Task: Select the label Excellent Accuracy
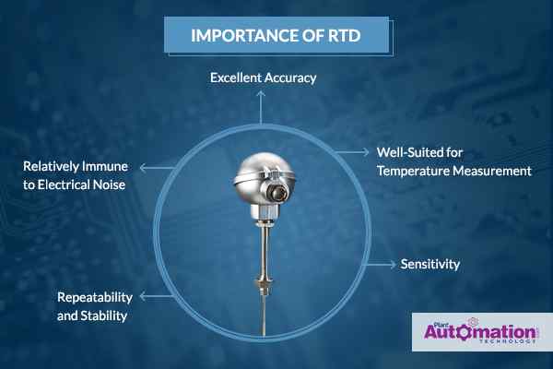[x=263, y=77]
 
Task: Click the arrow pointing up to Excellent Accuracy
[x=261, y=107]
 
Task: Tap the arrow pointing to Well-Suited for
[x=352, y=152]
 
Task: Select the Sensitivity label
[x=429, y=264]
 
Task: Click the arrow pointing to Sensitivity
[x=381, y=264]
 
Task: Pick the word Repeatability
[x=95, y=297]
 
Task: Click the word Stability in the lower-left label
[x=104, y=315]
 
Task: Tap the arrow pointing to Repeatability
[x=157, y=297]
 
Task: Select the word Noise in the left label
[x=109, y=184]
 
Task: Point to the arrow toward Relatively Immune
[x=158, y=168]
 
